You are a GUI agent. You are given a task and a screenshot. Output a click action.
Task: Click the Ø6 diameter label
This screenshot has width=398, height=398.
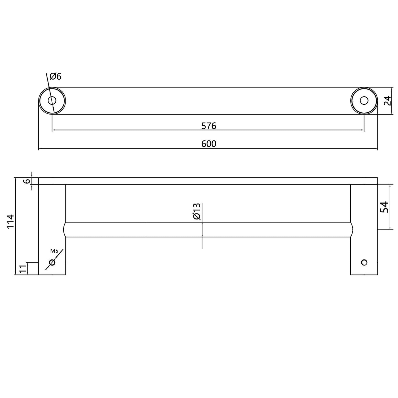(x=56, y=76)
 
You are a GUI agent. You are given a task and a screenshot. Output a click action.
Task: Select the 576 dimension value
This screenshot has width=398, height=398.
(x=209, y=126)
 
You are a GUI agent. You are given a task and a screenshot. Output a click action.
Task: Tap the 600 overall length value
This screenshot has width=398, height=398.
(x=209, y=144)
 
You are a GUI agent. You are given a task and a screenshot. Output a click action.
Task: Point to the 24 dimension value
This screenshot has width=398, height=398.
(x=387, y=101)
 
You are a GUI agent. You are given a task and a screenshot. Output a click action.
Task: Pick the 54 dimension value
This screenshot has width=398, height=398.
(x=384, y=207)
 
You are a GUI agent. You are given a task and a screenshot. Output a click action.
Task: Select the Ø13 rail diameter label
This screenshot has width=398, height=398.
(x=197, y=212)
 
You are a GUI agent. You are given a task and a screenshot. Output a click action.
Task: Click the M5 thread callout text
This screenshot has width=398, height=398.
(x=54, y=251)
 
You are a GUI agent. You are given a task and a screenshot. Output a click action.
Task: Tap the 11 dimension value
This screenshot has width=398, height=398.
(x=23, y=269)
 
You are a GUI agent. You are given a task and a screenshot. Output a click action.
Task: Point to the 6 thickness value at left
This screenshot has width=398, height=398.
(x=26, y=181)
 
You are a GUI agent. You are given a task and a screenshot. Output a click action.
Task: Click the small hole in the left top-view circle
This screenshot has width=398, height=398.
(x=52, y=101)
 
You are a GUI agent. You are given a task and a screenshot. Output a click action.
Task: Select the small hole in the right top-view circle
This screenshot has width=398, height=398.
(x=364, y=101)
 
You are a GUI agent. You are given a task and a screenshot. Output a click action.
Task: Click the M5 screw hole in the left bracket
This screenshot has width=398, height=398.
(x=52, y=262)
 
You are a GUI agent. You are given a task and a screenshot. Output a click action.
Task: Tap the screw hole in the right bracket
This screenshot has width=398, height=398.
(x=364, y=262)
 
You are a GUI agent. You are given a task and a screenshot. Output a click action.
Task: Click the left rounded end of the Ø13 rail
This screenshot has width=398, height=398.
(x=65, y=229)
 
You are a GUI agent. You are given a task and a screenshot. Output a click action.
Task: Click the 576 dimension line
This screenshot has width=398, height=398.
(x=138, y=130)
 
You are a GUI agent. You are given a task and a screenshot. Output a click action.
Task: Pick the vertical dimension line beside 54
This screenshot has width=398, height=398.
(x=390, y=220)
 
